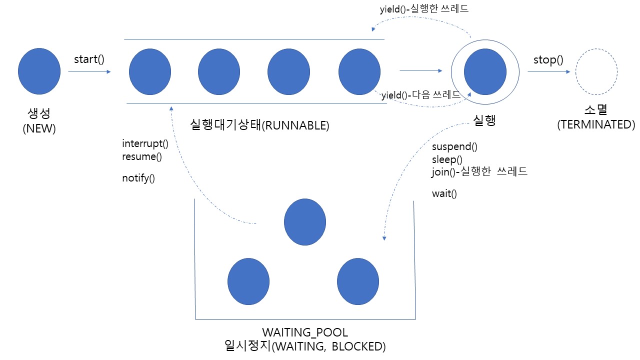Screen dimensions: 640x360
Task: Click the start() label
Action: click(x=89, y=59)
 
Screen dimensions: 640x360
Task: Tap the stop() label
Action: click(x=548, y=60)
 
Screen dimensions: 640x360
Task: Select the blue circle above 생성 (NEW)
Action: click(x=39, y=71)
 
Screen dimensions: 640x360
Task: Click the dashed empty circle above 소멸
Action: click(x=596, y=71)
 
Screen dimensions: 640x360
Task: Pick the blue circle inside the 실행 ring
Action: click(x=485, y=71)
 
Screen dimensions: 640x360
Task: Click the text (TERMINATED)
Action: click(x=596, y=124)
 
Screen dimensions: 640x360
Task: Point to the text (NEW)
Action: click(x=39, y=128)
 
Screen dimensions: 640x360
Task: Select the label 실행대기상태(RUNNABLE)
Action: click(x=260, y=125)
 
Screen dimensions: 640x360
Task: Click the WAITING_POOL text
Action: click(x=305, y=332)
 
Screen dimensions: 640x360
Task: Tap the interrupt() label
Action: click(x=145, y=143)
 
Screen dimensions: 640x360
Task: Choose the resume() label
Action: click(x=142, y=156)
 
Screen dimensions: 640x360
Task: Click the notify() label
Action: click(x=138, y=178)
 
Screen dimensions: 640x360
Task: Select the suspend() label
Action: click(x=454, y=146)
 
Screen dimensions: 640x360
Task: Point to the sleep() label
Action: click(x=447, y=159)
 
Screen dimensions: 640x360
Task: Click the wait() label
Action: click(x=444, y=193)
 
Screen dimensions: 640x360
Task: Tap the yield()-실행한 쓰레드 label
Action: click(x=424, y=8)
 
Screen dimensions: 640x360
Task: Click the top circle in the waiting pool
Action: click(x=305, y=222)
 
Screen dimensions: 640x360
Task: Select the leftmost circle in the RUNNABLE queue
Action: click(x=150, y=71)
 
